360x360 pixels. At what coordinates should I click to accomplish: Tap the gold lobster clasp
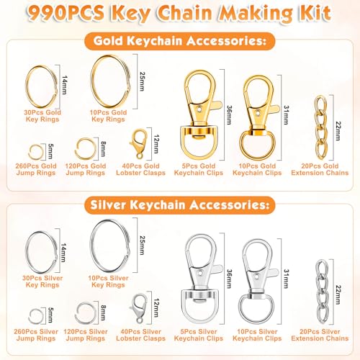pos(140,145)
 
